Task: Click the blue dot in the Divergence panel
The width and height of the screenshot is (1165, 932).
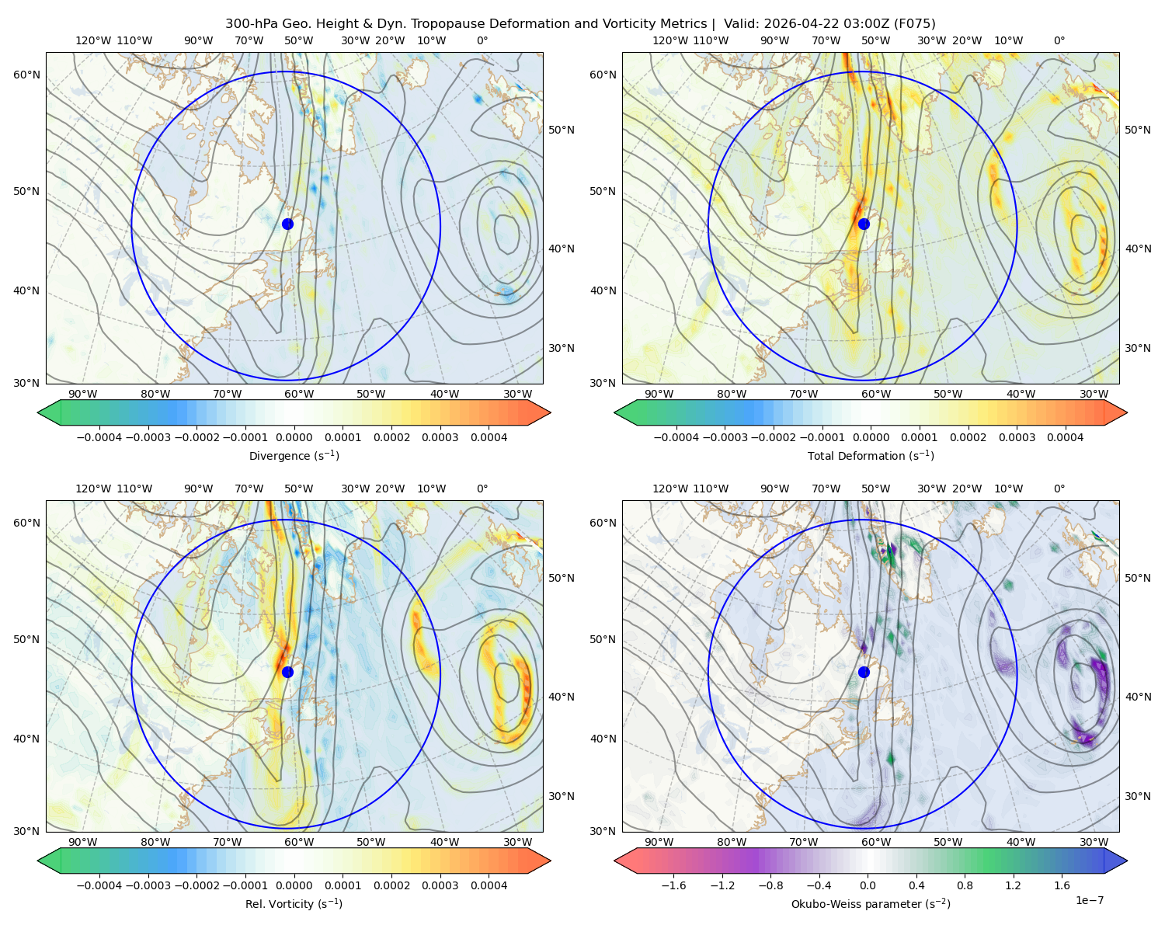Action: (x=287, y=224)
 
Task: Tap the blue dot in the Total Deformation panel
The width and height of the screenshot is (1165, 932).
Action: (x=864, y=224)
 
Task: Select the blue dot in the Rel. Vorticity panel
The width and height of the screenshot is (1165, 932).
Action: (x=287, y=672)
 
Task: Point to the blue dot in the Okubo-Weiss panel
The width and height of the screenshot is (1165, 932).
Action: (x=864, y=672)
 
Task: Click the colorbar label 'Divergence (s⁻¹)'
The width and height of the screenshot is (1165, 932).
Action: (x=294, y=456)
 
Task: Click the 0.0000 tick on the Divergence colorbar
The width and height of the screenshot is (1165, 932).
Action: (x=294, y=437)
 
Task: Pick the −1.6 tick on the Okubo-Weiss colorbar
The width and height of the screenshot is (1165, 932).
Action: (x=673, y=885)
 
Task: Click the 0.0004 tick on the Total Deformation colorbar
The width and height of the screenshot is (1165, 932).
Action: (x=1066, y=437)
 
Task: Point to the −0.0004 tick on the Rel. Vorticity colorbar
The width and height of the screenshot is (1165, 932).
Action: (x=99, y=885)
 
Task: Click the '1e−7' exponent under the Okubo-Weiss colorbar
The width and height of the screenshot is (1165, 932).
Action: (x=1089, y=901)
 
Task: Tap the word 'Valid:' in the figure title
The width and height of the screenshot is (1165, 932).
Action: (x=742, y=24)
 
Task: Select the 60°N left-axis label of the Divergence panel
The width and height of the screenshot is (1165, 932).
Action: (x=26, y=75)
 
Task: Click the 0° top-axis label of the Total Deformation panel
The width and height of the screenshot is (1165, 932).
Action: (x=1059, y=40)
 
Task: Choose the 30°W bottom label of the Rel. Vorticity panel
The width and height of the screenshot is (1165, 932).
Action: (x=517, y=842)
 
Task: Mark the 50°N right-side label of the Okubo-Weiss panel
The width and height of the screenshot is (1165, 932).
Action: (x=1137, y=578)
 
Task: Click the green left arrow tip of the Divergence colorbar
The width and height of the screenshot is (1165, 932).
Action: (x=38, y=412)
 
